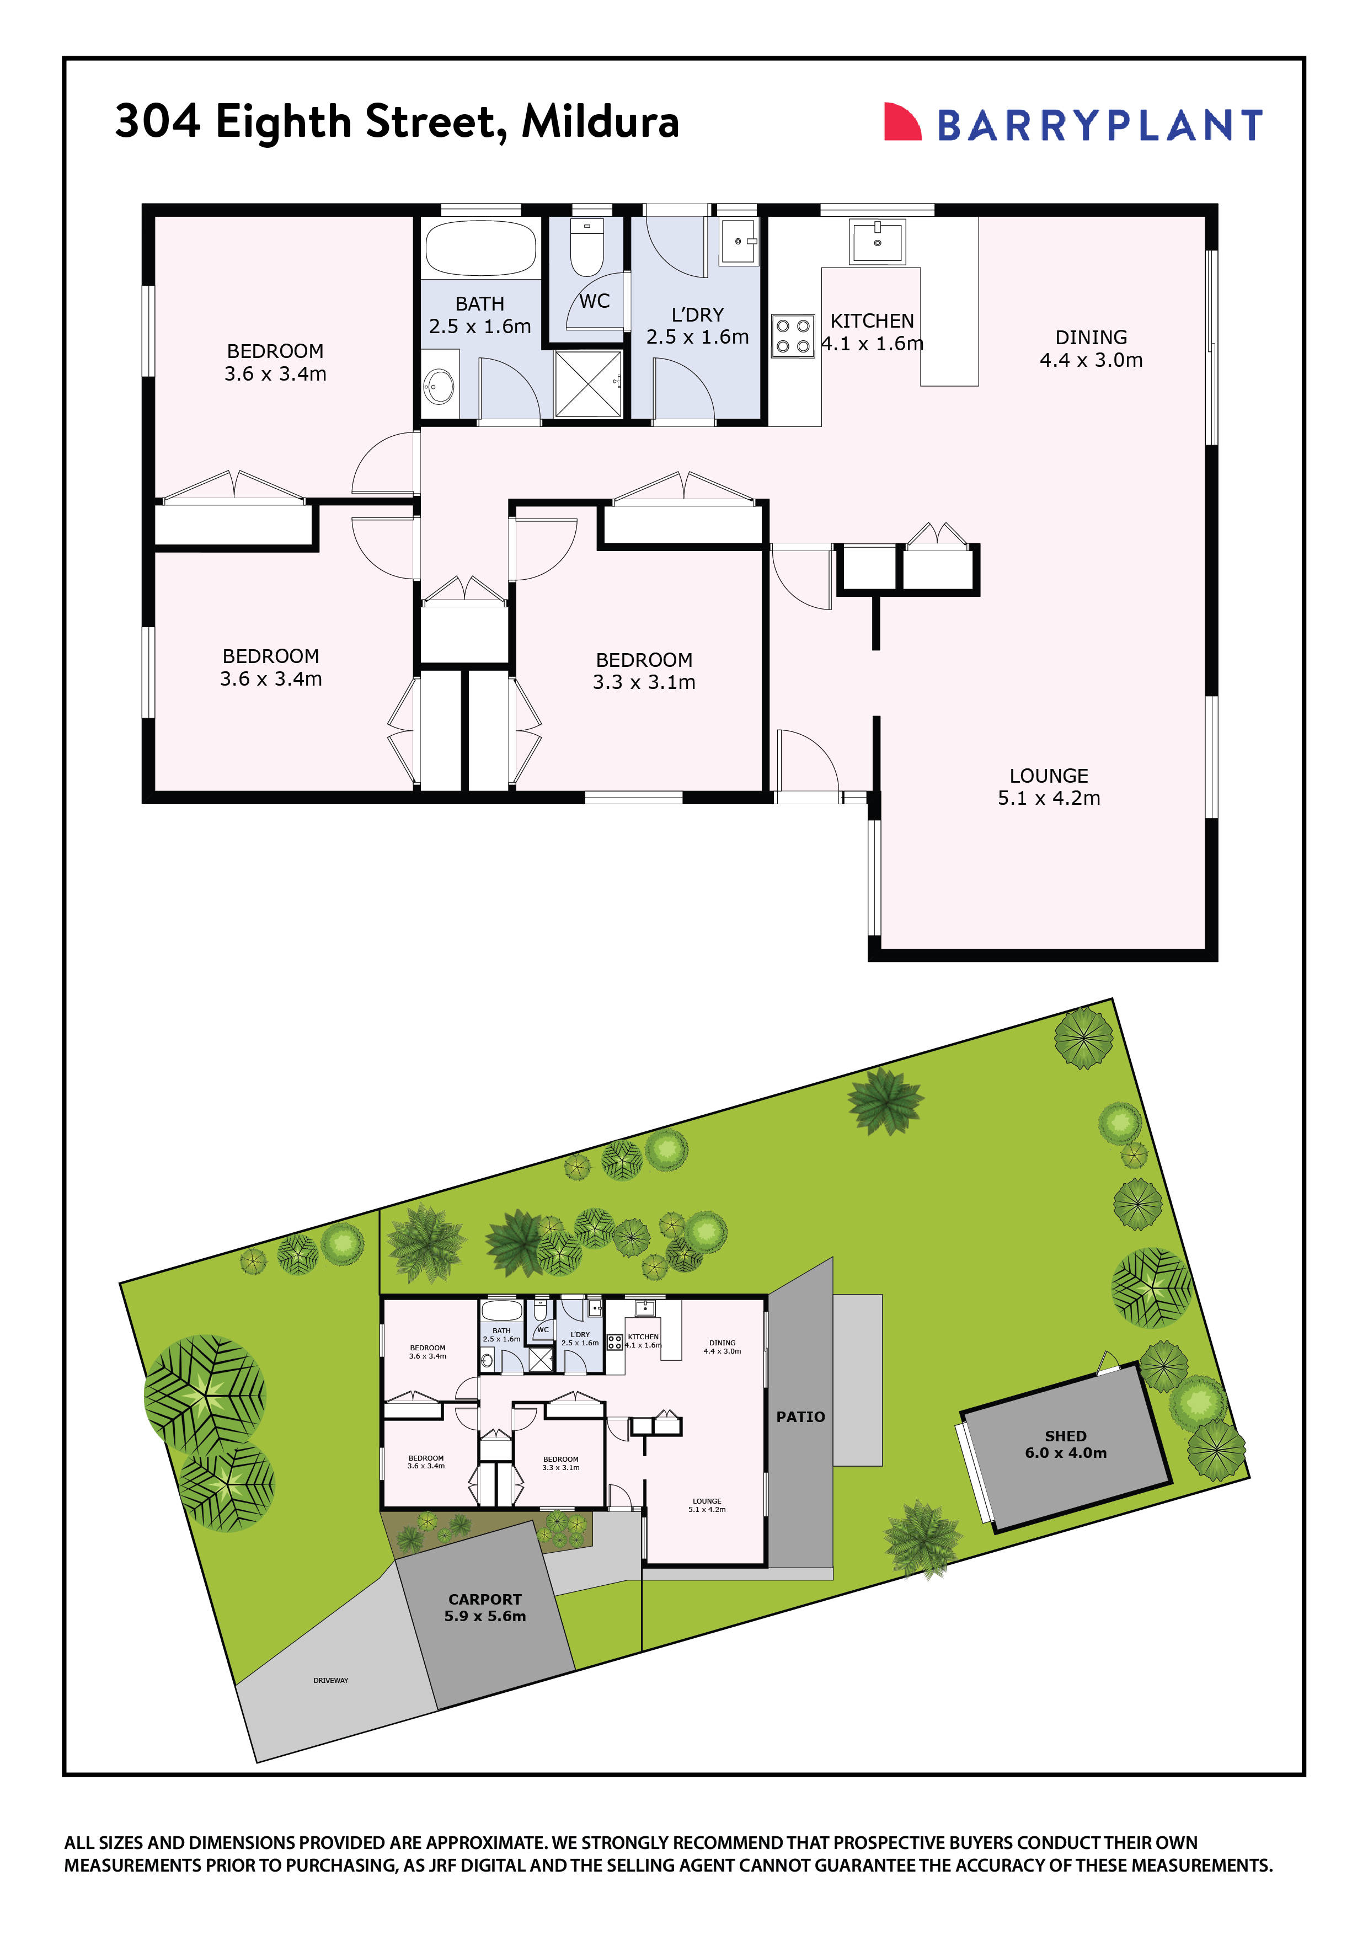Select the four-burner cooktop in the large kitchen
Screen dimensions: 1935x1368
pyautogui.click(x=792, y=335)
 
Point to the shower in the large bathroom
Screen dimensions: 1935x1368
pyautogui.click(x=587, y=383)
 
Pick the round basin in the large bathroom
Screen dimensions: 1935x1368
pyautogui.click(x=439, y=387)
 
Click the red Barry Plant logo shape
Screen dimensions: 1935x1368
pyautogui.click(x=901, y=122)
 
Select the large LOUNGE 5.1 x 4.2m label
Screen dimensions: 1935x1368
pyautogui.click(x=1049, y=787)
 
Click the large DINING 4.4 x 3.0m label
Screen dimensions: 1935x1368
pyautogui.click(x=1091, y=348)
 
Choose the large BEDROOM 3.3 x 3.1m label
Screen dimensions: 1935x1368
pyautogui.click(x=644, y=671)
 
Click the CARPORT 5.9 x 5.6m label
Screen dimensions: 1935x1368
pyautogui.click(x=485, y=1607)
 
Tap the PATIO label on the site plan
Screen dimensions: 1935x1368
pyautogui.click(x=800, y=1416)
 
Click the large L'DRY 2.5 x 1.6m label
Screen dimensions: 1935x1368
pyautogui.click(x=697, y=325)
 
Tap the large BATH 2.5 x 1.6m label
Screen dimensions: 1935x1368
pyautogui.click(x=479, y=314)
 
